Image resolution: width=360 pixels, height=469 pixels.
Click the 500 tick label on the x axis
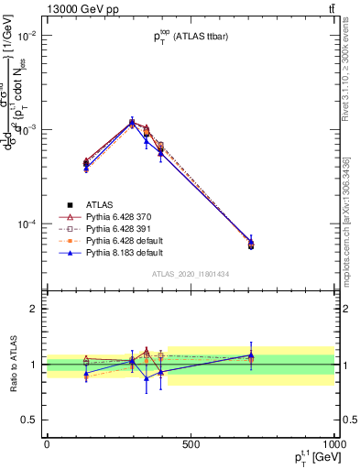point(191,444)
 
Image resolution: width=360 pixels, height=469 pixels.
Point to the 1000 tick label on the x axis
point(333,444)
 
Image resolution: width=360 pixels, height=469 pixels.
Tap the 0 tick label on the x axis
point(47,444)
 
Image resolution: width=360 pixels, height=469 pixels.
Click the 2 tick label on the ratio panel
point(35,309)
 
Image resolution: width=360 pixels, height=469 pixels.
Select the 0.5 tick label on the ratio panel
point(31,420)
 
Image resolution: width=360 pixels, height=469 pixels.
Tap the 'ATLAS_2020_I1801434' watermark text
point(190,274)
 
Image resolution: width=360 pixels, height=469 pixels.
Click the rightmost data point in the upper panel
point(251,245)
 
